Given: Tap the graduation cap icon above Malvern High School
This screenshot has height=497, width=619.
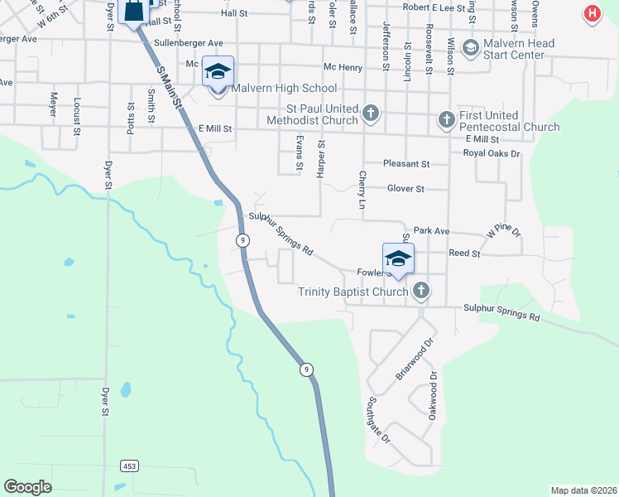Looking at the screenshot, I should coord(218,71).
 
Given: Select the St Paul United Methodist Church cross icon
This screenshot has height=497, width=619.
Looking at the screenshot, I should coord(370,113).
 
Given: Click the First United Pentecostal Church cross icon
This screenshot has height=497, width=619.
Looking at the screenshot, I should coord(446,121).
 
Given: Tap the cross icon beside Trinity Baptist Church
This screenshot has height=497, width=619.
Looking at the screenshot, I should coord(421,291).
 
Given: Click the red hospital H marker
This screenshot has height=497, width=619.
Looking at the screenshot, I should coord(592,13).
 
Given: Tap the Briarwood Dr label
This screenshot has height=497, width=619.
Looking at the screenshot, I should coord(415,359).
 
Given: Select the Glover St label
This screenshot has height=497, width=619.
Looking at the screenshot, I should coord(405,189).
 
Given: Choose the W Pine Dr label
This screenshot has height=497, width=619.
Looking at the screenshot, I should coord(504,231).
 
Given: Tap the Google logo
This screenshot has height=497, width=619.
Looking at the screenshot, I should coord(27,487).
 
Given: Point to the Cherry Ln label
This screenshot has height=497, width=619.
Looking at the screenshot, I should coord(362,191).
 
